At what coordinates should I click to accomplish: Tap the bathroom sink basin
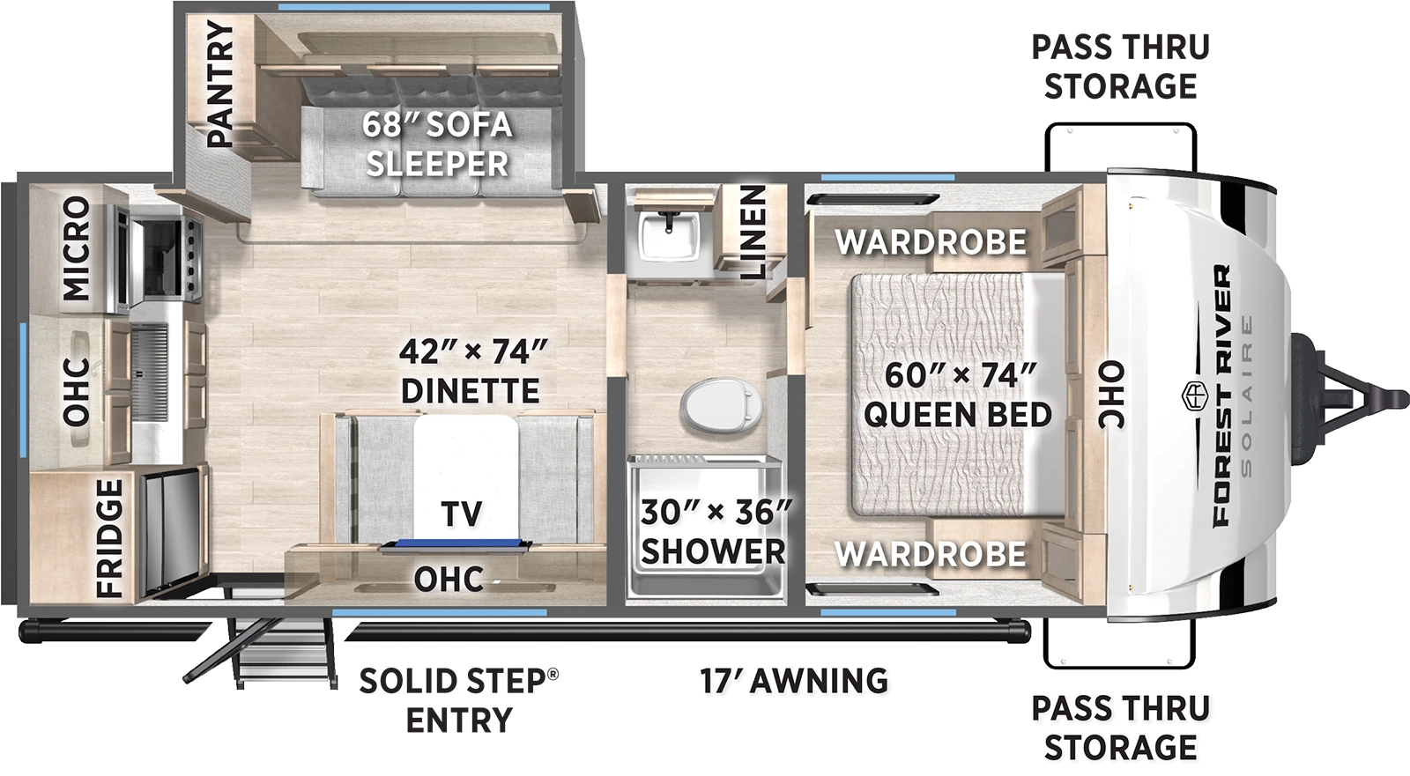[x=667, y=234]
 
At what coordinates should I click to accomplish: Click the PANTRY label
[x=221, y=85]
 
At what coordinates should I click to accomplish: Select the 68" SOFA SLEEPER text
[x=438, y=144]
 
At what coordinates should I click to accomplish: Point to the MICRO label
[x=77, y=248]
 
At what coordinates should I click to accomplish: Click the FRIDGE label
[x=108, y=538]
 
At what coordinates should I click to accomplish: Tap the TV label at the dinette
[x=462, y=513]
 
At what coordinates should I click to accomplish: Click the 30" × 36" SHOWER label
[x=714, y=531]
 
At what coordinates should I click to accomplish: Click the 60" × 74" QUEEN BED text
[x=959, y=394]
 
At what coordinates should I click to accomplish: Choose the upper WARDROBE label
[x=931, y=241]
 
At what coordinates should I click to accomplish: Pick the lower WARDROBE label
[x=931, y=554]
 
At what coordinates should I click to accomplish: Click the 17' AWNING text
[x=794, y=681]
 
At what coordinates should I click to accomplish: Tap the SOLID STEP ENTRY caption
[x=459, y=700]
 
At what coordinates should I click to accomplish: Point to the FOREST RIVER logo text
[x=1221, y=396]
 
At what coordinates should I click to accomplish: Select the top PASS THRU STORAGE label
[x=1121, y=66]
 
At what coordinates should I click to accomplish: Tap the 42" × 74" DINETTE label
[x=471, y=371]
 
